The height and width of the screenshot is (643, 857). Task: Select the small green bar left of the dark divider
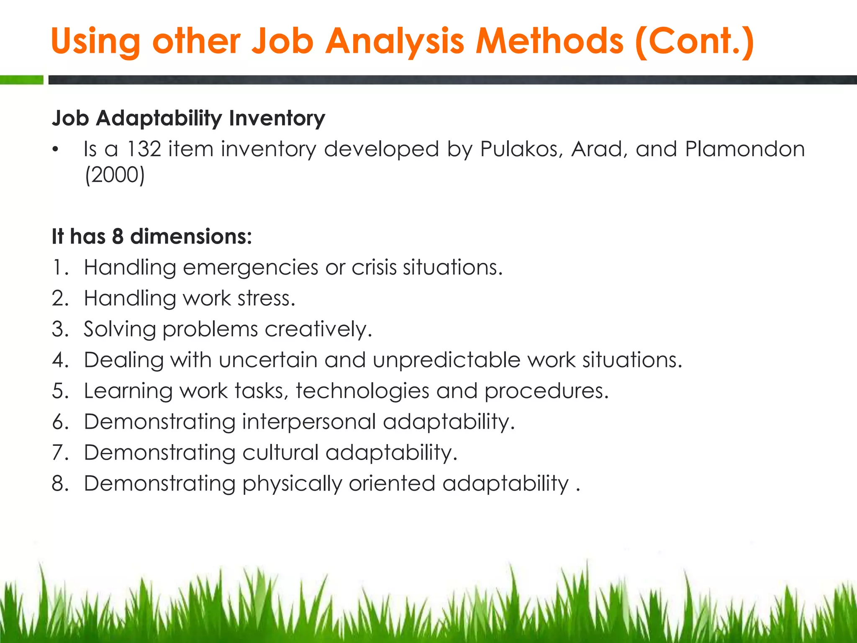[x=21, y=80]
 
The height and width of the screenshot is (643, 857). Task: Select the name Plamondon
[x=745, y=149]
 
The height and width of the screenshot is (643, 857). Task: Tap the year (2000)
[x=115, y=175]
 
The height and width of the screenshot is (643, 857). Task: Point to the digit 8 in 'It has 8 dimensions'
[x=118, y=236]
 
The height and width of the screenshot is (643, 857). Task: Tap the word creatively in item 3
[x=318, y=329]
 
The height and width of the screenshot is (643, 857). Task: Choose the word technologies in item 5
[x=362, y=391]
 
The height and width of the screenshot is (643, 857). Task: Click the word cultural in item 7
[x=280, y=453]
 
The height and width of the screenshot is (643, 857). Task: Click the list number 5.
[x=60, y=391]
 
